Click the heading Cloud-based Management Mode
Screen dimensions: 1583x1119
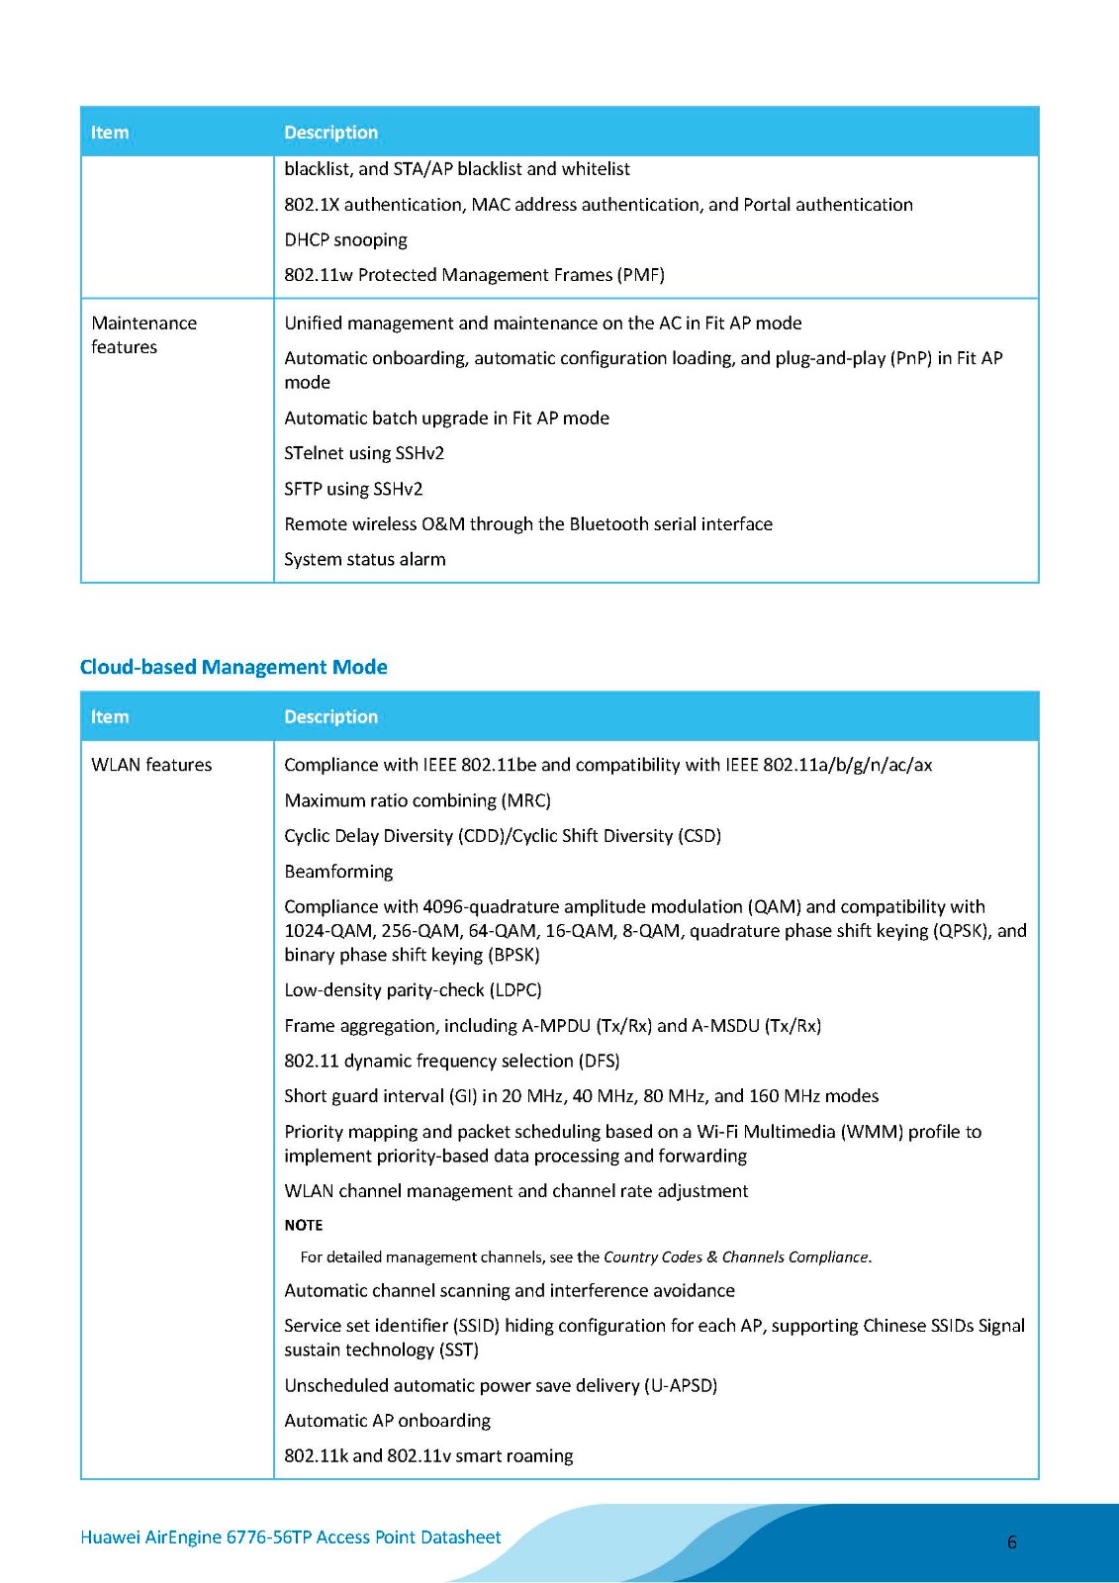tap(233, 667)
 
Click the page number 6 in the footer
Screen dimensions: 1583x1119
tap(1011, 1541)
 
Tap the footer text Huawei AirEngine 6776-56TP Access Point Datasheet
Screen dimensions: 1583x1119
tap(290, 1536)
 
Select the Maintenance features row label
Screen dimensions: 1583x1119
tap(143, 334)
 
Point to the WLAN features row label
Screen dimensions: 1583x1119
tap(151, 765)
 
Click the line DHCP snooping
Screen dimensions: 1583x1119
tap(345, 239)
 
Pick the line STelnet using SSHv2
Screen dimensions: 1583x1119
tap(364, 453)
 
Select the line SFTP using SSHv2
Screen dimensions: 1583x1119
tap(353, 489)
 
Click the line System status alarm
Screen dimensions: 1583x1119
tap(364, 559)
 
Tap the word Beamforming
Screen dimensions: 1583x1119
tap(338, 872)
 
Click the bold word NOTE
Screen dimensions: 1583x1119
tap(303, 1225)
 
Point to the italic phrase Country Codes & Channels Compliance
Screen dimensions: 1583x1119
tap(736, 1257)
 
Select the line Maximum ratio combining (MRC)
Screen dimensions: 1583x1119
tap(417, 800)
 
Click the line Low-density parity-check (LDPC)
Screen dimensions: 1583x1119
tap(413, 990)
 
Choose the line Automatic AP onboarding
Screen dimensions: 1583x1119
tap(387, 1421)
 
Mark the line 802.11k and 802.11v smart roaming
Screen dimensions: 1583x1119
tap(428, 1456)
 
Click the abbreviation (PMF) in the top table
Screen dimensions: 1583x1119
tap(641, 275)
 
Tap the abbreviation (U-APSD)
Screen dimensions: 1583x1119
tap(681, 1385)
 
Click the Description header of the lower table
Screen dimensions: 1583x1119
tap(330, 716)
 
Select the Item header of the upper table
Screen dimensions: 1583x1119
tap(110, 133)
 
